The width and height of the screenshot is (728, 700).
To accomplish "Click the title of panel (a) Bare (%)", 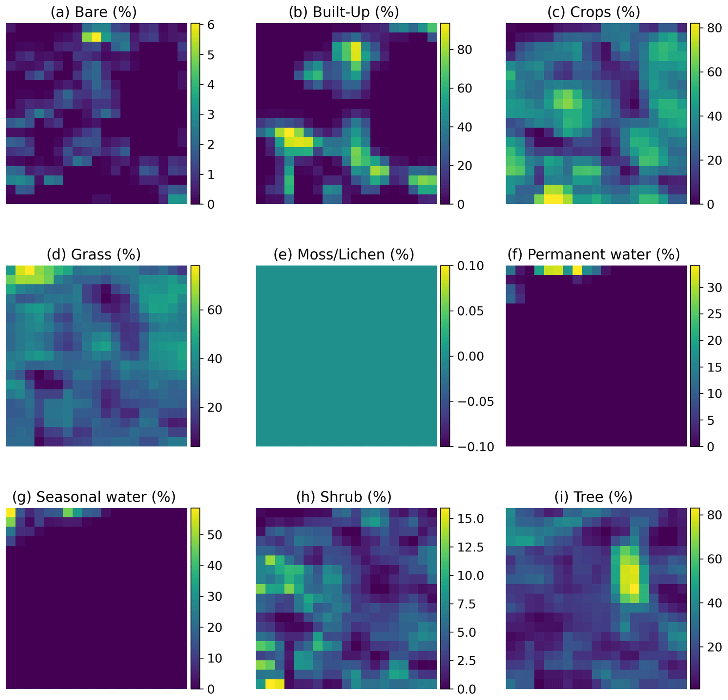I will click(94, 12).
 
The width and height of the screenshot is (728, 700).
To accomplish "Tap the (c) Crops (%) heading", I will click(593, 12).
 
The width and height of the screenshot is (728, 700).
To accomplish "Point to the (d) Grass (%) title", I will click(94, 254).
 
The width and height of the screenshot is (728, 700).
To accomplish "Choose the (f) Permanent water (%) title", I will click(593, 254).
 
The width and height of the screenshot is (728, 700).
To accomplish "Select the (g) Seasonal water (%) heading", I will click(94, 497).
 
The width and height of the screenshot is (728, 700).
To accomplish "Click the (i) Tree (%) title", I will click(593, 497).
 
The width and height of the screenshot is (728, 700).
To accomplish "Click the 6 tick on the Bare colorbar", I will click(211, 25).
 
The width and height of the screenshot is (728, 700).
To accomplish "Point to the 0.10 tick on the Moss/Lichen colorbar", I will click(471, 266).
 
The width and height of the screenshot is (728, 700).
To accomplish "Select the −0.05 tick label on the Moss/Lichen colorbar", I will click(475, 401).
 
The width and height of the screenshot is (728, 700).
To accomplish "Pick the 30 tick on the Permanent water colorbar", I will click(714, 287).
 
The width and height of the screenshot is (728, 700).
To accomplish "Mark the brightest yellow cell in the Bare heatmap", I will click(96, 37).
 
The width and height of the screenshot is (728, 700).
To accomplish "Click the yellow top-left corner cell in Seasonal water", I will click(11, 512).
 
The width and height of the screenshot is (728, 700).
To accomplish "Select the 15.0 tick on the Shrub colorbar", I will click(471, 519).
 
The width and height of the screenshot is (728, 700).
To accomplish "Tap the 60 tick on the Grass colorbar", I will click(214, 310).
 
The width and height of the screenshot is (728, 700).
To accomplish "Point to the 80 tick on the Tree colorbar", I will click(714, 515).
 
